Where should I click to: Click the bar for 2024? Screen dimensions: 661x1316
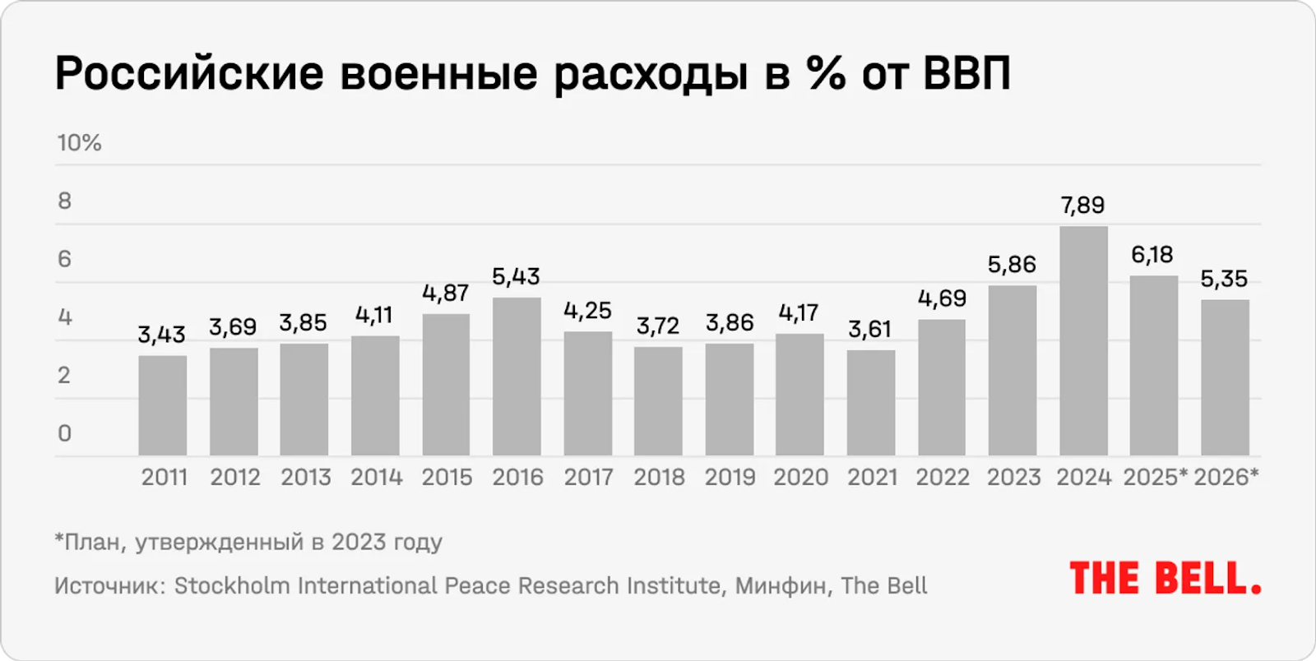(1083, 341)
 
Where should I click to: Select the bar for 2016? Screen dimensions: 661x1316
(517, 377)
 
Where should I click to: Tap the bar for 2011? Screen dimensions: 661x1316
(162, 405)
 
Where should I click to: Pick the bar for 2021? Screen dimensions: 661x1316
(871, 403)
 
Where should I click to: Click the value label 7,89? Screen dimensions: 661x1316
(1082, 206)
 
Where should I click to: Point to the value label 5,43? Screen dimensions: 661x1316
(516, 277)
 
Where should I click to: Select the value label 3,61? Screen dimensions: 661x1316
(870, 330)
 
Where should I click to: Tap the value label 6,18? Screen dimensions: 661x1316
(1151, 255)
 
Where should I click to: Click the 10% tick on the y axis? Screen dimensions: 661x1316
(79, 143)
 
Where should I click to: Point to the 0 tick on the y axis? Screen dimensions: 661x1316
(65, 433)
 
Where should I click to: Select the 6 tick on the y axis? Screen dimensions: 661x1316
(65, 260)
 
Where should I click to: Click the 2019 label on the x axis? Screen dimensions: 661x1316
(730, 478)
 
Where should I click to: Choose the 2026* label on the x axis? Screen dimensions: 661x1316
(1226, 478)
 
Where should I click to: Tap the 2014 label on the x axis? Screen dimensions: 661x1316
(376, 478)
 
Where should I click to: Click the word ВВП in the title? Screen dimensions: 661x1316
(966, 74)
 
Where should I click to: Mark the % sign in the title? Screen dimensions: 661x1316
(826, 74)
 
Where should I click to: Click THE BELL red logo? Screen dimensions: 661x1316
(1165, 579)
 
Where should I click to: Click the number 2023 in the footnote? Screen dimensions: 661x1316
(359, 543)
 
